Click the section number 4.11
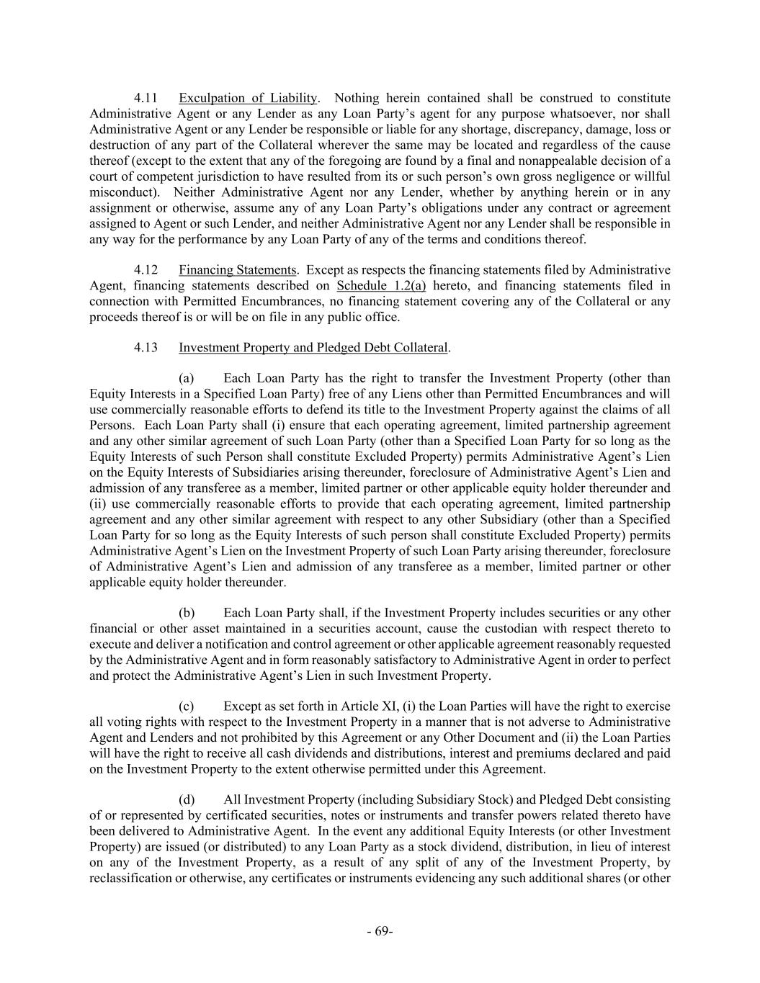click(146, 98)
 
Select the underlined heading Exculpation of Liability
click(248, 98)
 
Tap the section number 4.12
click(146, 270)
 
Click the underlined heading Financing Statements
click(238, 270)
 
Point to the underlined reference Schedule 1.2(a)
click(381, 286)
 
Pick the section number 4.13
click(146, 348)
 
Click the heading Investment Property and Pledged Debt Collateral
click(313, 348)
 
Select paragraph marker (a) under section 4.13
click(187, 379)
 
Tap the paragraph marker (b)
click(187, 613)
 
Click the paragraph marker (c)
click(187, 706)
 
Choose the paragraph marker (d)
click(187, 800)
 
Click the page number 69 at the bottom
click(380, 931)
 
